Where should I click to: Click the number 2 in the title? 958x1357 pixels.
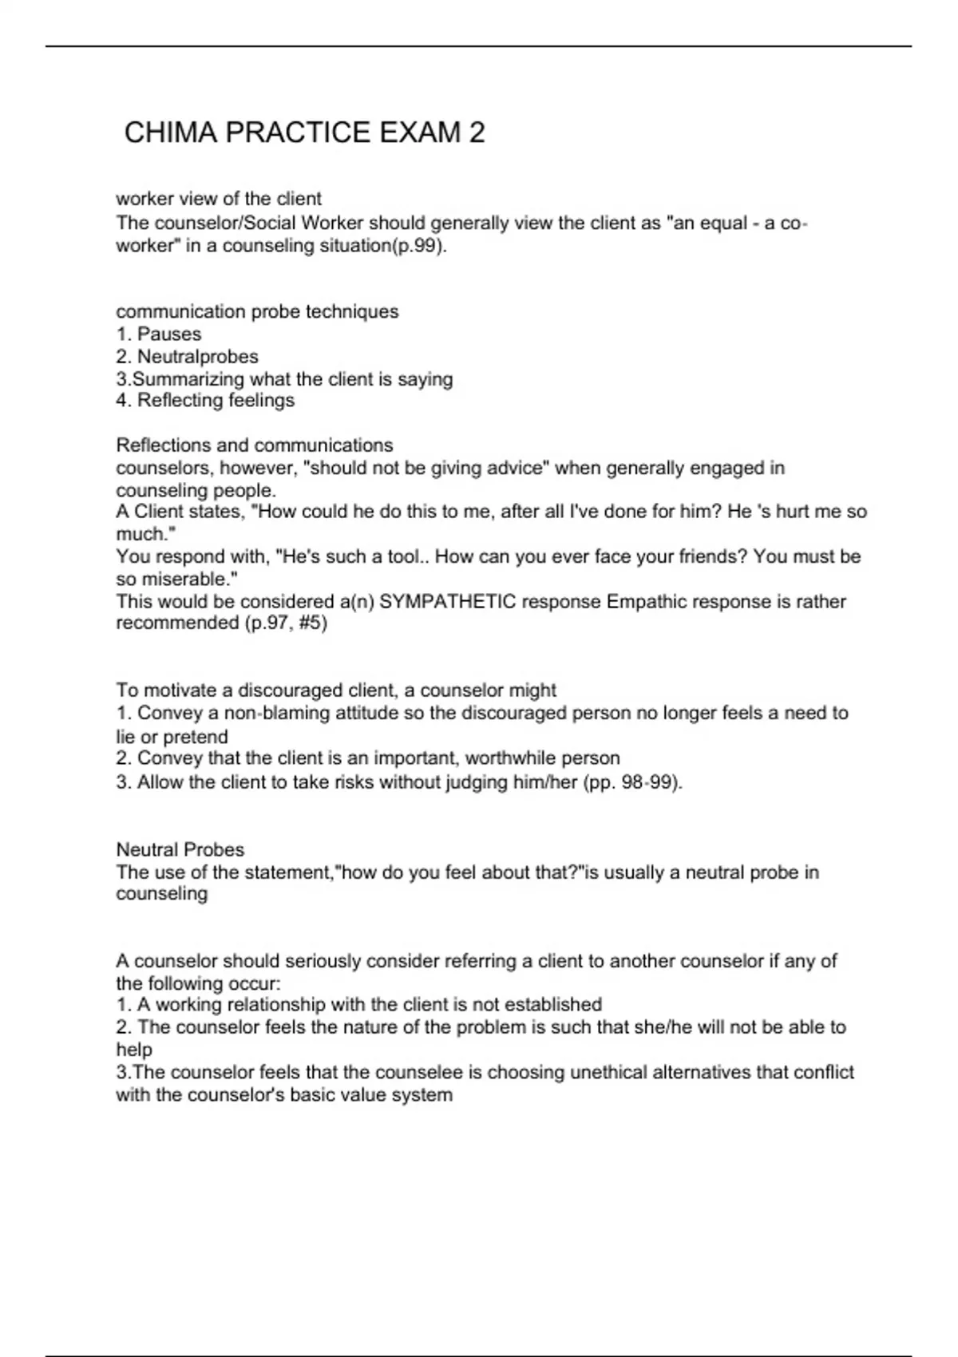[x=477, y=133]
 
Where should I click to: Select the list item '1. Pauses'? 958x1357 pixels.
[x=159, y=334]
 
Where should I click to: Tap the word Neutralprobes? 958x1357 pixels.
[x=198, y=356]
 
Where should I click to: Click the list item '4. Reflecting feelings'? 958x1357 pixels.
[x=205, y=400]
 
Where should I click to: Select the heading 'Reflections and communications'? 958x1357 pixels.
[x=255, y=445]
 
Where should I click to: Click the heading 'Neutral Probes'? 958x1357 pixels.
[x=180, y=849]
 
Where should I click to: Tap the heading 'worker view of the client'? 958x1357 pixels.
[x=219, y=198]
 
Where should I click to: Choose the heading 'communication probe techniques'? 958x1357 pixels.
[x=257, y=311]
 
